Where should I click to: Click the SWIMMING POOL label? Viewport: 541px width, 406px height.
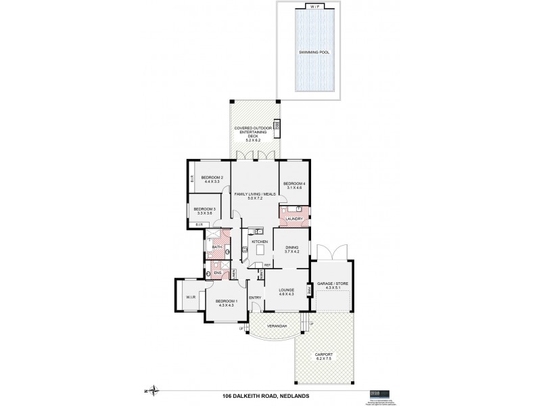tap(317, 51)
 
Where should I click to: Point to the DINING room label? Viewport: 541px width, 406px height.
tap(291, 248)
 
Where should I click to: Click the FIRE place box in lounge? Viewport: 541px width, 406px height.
tap(308, 291)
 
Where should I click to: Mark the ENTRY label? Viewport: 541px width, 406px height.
tap(255, 298)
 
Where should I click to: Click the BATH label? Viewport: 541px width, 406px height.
tap(216, 248)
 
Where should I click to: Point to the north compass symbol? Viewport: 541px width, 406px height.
tap(155, 390)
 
